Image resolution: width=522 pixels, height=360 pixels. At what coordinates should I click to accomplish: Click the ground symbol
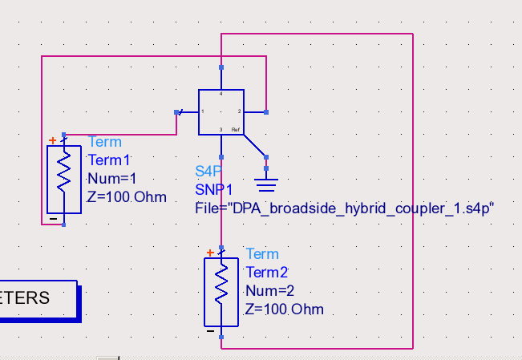pos(267,185)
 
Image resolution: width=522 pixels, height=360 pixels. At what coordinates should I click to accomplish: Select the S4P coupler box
pos(221,112)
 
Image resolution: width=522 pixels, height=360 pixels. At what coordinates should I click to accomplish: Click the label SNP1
pos(213,189)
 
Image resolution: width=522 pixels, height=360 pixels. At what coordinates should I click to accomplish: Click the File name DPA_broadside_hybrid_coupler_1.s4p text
pos(345,208)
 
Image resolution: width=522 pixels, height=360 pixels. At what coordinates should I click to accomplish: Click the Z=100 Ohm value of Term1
pos(127,197)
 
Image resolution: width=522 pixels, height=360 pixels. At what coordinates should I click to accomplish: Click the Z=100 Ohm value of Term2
pos(285,309)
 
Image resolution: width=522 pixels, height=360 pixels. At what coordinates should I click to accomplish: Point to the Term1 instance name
pos(109,160)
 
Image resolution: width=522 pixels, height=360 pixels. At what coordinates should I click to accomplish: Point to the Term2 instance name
pos(266,272)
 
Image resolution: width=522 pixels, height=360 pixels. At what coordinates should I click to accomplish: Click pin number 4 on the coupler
pos(221,95)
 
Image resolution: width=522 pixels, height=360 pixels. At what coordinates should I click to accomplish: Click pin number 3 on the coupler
pos(221,129)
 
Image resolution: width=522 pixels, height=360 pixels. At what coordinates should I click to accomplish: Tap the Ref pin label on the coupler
pos(235,129)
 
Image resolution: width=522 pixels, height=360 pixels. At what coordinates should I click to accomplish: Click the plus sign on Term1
pos(53,141)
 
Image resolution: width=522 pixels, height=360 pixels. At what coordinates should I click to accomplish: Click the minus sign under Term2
pos(210,330)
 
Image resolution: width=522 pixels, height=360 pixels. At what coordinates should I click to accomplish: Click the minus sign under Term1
pos(53,218)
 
